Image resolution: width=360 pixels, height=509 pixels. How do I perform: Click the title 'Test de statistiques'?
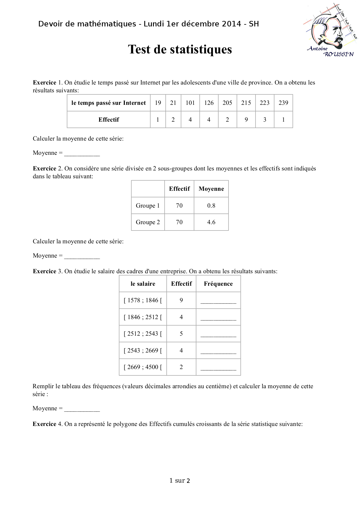pos(180,49)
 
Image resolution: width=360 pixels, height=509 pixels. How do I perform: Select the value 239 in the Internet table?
pos(283,103)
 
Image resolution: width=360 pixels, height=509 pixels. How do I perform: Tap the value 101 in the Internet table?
pos(190,103)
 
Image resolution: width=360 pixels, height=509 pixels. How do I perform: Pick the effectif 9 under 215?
pos(246,120)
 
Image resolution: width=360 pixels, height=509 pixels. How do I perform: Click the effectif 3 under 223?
pos(265,120)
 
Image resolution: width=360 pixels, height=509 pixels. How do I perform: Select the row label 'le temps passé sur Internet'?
pos(109,103)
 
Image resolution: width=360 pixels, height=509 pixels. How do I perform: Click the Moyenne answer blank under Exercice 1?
pos(82,153)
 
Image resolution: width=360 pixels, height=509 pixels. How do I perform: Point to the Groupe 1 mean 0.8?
pos(211,206)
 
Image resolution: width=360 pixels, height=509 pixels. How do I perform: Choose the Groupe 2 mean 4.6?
pos(211,222)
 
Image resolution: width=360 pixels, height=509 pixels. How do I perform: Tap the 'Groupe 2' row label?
pos(148,222)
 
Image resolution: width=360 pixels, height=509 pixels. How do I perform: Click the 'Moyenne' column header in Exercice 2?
pos(211,189)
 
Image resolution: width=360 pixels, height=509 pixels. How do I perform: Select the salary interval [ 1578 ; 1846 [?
pos(143,300)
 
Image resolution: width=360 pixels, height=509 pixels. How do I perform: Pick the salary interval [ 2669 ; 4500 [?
pos(143,367)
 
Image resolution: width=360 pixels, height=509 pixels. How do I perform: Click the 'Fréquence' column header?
pos(218,284)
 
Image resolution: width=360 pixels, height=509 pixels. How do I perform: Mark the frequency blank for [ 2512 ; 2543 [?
pos(218,334)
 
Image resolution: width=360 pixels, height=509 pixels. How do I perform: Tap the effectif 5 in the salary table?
pos(181,334)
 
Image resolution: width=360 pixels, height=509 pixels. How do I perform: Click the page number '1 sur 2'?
pos(180,481)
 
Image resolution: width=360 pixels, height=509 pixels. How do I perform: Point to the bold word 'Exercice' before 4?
pos(44,424)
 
